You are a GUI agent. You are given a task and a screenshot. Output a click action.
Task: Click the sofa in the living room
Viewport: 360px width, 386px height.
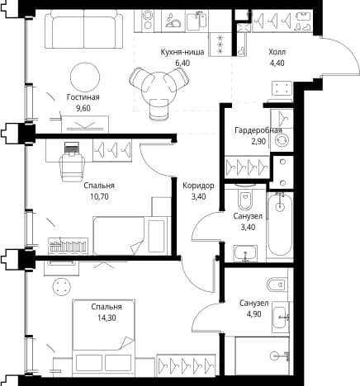(84, 29)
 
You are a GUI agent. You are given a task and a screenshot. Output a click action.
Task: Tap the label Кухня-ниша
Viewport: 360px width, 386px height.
(182, 52)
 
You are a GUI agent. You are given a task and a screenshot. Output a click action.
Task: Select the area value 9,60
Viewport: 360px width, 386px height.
(83, 108)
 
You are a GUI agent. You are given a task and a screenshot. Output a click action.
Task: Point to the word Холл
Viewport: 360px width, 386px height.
(277, 52)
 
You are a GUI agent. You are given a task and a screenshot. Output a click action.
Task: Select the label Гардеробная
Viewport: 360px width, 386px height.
(258, 130)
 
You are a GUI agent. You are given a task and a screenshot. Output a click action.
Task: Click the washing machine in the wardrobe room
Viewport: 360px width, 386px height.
(282, 140)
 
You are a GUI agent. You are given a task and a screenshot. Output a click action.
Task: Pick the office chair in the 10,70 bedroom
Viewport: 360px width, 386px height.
(72, 163)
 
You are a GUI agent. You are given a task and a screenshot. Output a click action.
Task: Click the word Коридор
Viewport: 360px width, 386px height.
(198, 186)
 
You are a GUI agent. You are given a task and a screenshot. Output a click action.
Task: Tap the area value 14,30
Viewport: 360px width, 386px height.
(107, 318)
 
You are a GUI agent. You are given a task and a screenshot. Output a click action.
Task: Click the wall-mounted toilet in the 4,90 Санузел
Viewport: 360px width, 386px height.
(277, 285)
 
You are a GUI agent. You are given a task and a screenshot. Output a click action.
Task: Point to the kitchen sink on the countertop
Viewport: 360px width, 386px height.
(197, 21)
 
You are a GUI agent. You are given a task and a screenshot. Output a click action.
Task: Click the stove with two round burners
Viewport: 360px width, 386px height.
(148, 20)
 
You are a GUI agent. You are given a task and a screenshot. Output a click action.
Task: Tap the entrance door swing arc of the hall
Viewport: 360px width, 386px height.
(343, 54)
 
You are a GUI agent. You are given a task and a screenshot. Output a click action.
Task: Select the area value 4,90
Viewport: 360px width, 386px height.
(254, 314)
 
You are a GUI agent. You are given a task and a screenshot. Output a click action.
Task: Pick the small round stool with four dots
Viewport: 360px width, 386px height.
(62, 286)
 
